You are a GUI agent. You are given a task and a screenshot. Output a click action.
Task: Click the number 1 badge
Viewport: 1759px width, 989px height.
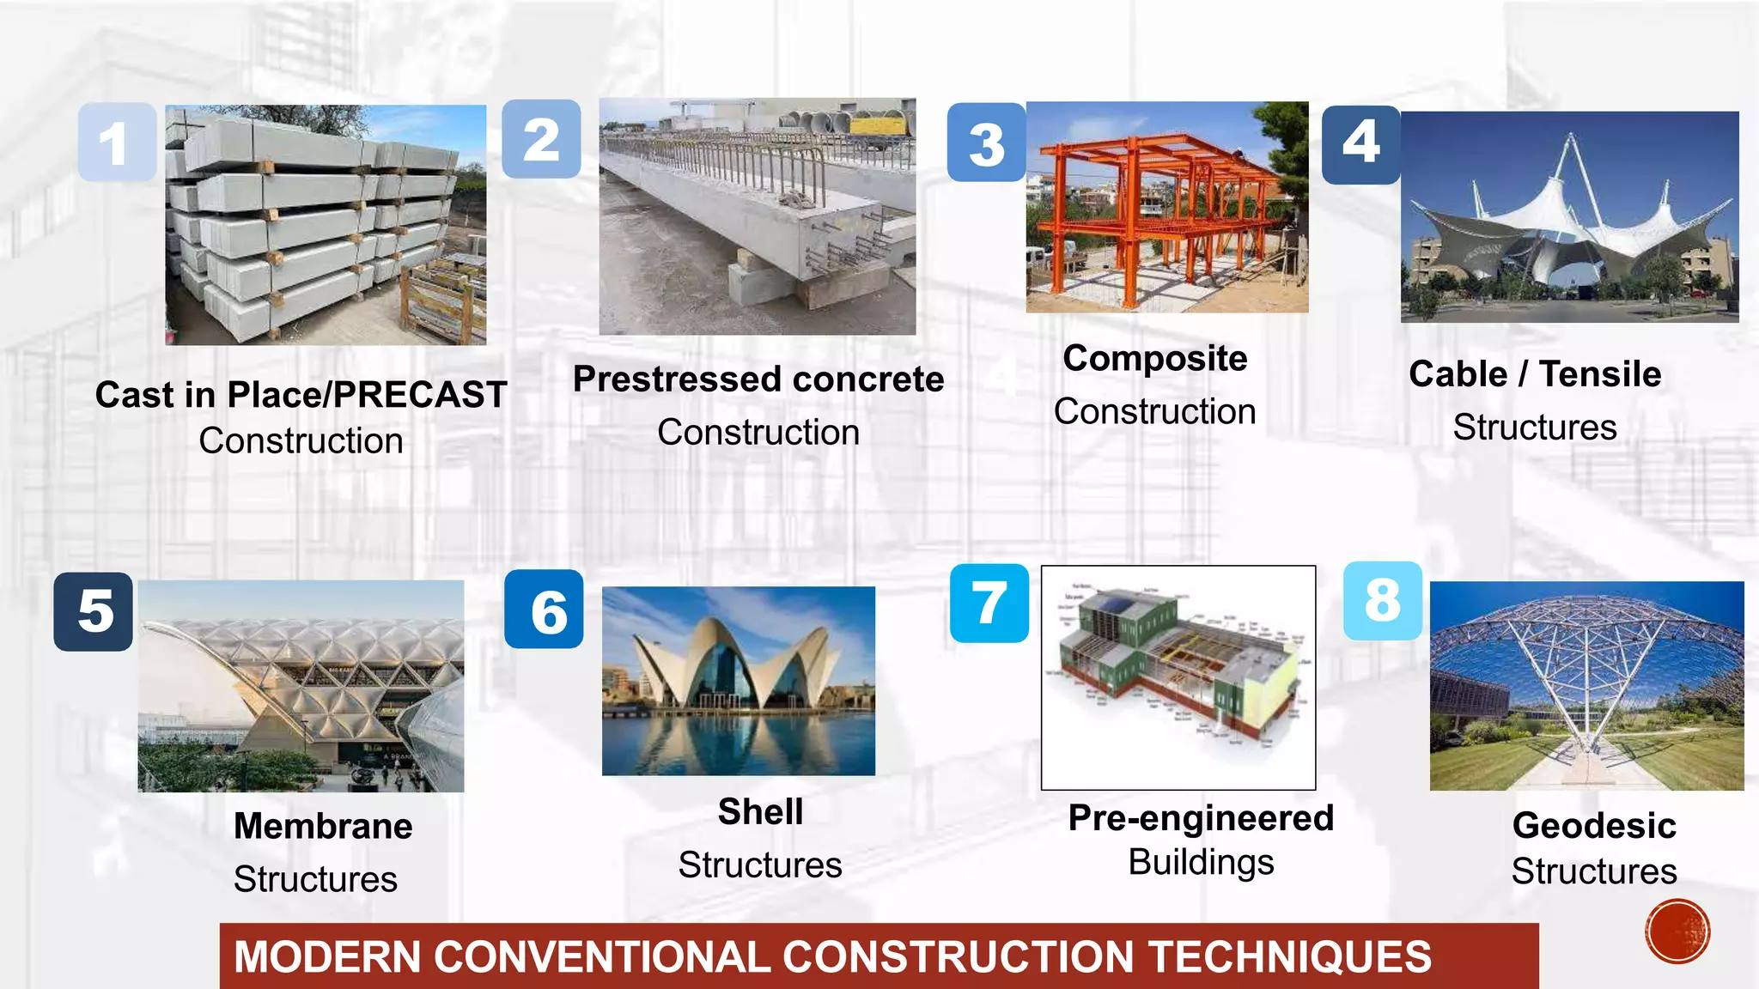pos(117,143)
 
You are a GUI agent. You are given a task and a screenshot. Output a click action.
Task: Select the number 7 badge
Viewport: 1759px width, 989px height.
pos(989,604)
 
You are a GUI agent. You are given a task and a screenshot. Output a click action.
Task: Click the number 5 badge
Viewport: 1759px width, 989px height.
pos(94,612)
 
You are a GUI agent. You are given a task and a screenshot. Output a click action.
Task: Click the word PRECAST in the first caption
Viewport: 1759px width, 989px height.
pos(420,395)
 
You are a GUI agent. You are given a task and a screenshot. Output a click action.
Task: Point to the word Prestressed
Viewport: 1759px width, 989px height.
pos(678,379)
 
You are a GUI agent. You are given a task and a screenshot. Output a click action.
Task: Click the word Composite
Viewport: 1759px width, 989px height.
pos(1154,359)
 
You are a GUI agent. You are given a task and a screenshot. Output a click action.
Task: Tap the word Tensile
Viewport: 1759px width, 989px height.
pos(1599,374)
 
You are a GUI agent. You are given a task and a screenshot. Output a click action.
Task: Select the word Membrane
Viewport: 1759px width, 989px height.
pos(323,826)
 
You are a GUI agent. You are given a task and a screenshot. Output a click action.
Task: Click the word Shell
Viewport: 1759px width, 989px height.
pos(760,812)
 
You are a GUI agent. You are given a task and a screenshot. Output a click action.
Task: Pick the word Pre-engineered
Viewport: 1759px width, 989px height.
pos(1200,818)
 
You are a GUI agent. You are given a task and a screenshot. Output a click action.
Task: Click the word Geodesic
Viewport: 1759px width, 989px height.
pos(1593,826)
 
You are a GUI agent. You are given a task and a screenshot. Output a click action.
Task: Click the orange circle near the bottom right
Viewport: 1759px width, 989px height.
pos(1677,931)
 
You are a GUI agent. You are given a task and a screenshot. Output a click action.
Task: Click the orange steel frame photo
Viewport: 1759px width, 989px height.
pos(1166,207)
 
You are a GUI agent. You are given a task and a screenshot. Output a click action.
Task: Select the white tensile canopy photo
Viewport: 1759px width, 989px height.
pos(1569,216)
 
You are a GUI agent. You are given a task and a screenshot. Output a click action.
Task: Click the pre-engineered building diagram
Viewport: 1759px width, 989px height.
pos(1178,677)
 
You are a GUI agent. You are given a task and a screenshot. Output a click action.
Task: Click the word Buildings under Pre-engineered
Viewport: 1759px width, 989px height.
pos(1200,863)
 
